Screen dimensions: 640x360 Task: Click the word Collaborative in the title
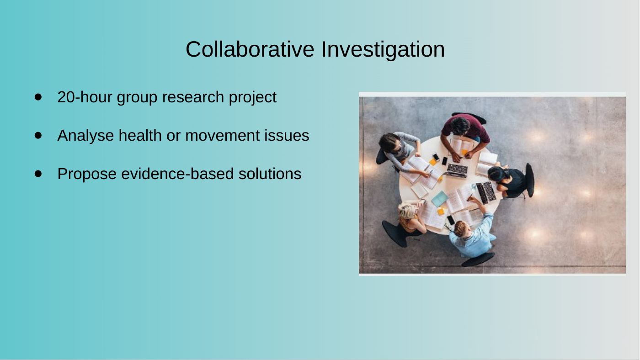[250, 49]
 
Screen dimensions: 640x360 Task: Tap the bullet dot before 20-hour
[38, 97]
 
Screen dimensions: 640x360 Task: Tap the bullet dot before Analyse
[38, 135]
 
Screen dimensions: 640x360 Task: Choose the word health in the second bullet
[140, 135]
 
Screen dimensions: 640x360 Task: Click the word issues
[287, 135]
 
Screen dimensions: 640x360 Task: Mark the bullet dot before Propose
[38, 174]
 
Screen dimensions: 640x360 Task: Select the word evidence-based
[177, 174]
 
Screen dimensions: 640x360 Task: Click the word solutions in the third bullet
[270, 174]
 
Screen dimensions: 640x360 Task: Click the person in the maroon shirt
[465, 133]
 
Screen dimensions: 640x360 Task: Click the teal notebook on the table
[439, 199]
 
